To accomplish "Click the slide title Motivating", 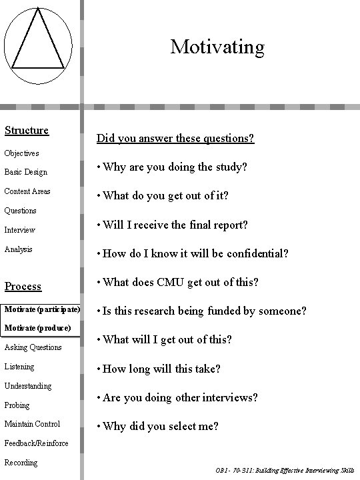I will (x=217, y=47).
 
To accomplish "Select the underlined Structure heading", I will (x=27, y=130).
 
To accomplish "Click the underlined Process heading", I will (x=23, y=286).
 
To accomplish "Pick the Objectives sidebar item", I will (x=21, y=153).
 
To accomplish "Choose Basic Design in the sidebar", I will (x=25, y=172).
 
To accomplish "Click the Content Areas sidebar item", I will (x=27, y=191).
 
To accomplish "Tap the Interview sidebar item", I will (x=19, y=230).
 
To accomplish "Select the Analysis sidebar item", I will (x=19, y=249).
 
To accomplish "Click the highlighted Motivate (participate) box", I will (x=41, y=310).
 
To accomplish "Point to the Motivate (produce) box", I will (x=37, y=329).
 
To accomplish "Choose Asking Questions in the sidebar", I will (x=33, y=347).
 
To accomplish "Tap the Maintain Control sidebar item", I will (x=32, y=424).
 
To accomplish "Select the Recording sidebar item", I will (x=21, y=463).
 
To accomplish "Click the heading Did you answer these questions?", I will (x=175, y=139).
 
